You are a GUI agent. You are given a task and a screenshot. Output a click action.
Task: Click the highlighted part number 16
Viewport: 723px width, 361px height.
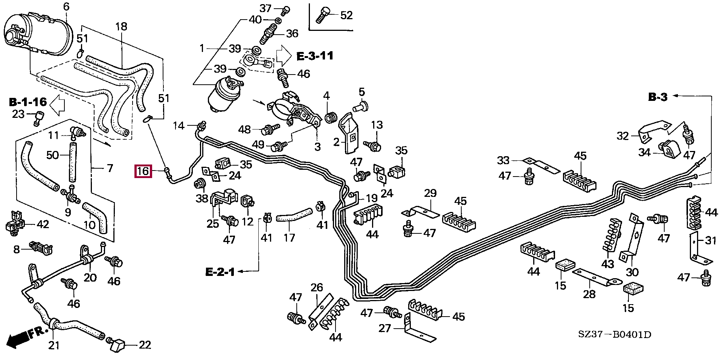tap(143, 172)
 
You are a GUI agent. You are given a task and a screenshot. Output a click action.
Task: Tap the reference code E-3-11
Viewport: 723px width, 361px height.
tap(315, 56)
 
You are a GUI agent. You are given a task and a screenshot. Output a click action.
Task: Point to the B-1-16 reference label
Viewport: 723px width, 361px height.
tap(28, 102)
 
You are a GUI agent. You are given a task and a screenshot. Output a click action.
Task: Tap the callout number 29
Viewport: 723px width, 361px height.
tap(430, 193)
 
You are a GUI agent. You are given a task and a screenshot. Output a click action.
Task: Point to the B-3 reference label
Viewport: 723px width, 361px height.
tap(658, 97)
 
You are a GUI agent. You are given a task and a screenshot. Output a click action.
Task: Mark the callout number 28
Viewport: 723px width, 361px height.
tap(589, 294)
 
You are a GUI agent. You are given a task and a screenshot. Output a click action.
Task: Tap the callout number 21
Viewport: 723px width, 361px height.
tap(54, 345)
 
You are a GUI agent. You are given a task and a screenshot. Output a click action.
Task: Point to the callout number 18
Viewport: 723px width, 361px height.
tap(121, 27)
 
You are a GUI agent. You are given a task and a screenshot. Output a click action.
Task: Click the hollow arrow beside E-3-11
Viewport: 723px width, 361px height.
tap(284, 56)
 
